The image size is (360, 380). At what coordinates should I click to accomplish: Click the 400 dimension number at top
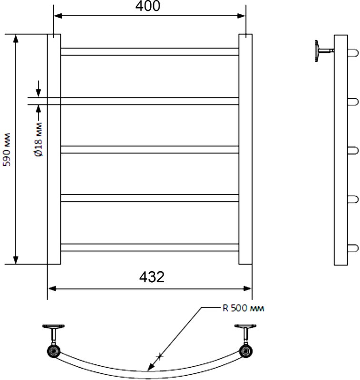148,6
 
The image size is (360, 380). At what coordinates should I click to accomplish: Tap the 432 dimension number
152,277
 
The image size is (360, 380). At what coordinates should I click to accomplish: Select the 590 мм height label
7,150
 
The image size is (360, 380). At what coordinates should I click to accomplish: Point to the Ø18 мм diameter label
38,139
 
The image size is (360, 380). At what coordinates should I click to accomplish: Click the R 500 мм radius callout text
243,308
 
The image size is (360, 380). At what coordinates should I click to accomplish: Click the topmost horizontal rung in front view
150,52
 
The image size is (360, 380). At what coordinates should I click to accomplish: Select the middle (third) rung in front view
150,150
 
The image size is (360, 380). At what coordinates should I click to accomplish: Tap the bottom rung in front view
150,247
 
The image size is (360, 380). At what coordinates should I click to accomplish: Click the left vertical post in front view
54,149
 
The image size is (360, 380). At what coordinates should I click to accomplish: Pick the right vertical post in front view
245,149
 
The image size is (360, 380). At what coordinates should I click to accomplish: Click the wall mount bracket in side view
324,51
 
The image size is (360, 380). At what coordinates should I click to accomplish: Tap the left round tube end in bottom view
54,351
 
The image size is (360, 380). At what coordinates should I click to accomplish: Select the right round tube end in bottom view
246,351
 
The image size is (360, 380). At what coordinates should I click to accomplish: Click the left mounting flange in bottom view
54,326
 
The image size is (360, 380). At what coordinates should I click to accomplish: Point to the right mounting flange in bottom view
245,326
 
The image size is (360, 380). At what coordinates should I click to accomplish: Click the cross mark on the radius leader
160,356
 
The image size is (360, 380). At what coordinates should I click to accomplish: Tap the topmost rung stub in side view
353,53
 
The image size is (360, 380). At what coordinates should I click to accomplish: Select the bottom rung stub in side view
353,248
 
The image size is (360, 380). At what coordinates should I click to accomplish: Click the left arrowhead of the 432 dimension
52,288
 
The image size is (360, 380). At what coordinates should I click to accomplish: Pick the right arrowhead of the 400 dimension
241,16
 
